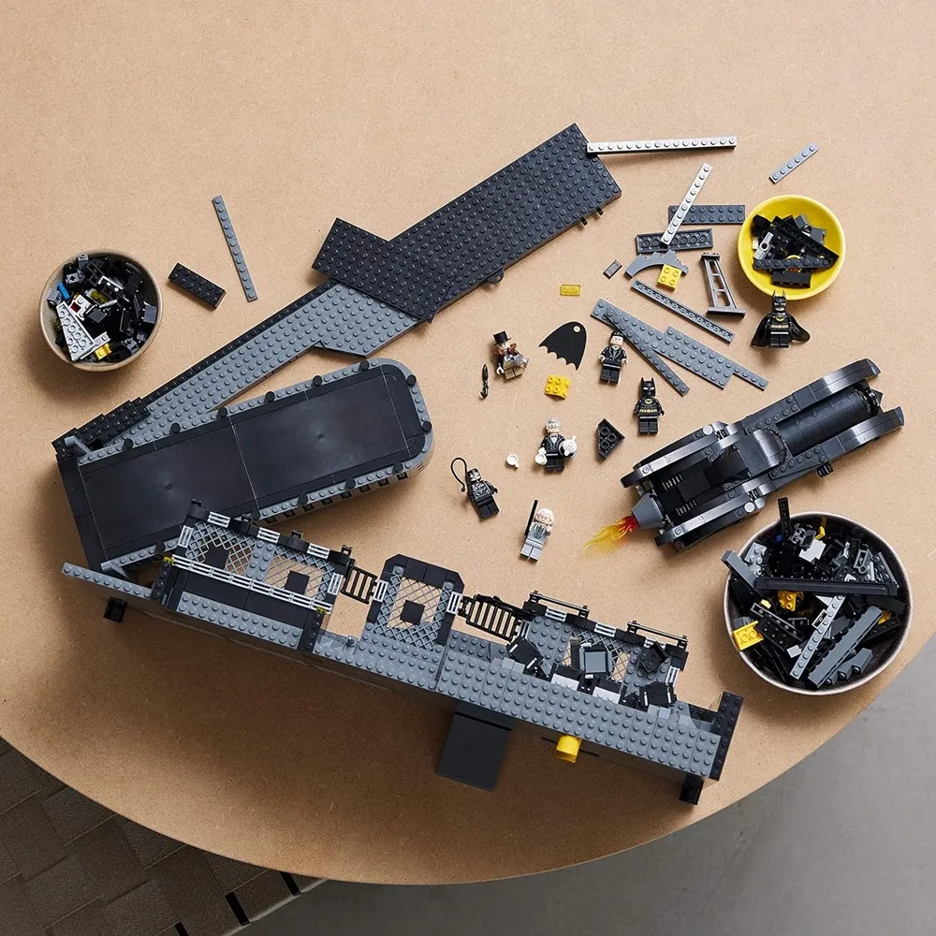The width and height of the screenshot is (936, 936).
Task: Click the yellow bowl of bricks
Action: pyautogui.click(x=791, y=244)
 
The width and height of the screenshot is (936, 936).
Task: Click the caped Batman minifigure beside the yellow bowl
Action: pyautogui.click(x=778, y=320)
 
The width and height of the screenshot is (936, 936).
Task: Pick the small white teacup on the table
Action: pyautogui.click(x=513, y=459)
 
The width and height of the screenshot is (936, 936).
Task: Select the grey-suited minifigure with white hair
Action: pyautogui.click(x=537, y=534)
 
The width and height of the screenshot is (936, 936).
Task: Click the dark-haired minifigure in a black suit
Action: pyautogui.click(x=613, y=358)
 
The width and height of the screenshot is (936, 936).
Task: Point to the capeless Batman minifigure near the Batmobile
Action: pyautogui.click(x=647, y=406)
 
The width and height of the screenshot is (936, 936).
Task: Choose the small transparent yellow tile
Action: pyautogui.click(x=569, y=290)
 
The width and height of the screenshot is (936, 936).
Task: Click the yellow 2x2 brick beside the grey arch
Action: pyautogui.click(x=668, y=276)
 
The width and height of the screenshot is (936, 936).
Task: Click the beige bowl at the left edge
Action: pyautogui.click(x=100, y=309)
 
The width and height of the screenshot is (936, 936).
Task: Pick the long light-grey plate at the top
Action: pyautogui.click(x=661, y=144)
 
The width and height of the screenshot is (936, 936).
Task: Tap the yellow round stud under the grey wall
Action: pyautogui.click(x=566, y=748)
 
